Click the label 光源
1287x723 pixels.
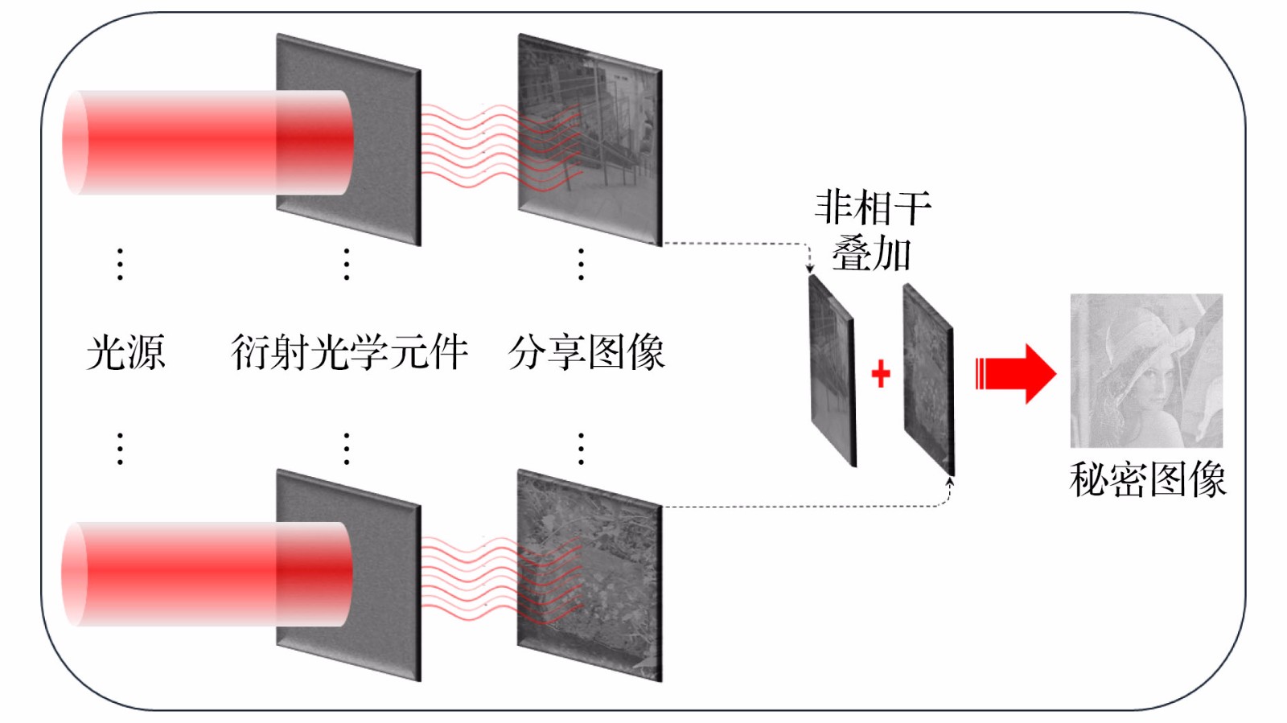coord(125,352)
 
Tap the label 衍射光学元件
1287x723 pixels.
coord(349,352)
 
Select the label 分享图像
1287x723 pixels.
coord(586,352)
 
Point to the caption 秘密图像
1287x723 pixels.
coord(1147,480)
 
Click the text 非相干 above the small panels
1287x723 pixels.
coord(873,208)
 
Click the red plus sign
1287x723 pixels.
coord(881,373)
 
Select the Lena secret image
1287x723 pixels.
coord(1146,371)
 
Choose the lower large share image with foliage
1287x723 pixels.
coord(590,575)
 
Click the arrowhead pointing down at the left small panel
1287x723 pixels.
coord(810,269)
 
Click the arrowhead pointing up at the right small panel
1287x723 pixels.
coord(950,483)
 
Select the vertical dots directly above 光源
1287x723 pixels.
coord(120,264)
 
